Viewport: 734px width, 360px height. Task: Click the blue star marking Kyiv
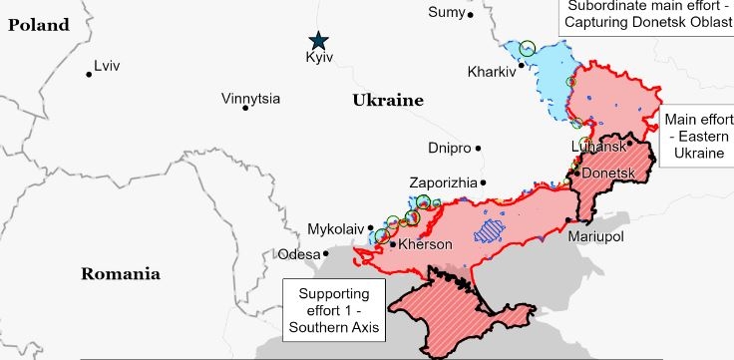coord(318,40)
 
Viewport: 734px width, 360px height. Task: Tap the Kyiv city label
coord(318,60)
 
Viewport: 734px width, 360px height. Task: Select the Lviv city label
coord(107,67)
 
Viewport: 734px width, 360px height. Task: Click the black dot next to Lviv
coord(89,74)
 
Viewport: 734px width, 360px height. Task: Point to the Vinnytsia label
coord(250,99)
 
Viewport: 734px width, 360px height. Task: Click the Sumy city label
coord(445,12)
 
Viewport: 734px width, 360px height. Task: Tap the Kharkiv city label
coord(491,72)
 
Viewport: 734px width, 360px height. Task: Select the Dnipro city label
coord(449,148)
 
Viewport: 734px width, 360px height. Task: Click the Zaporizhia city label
coord(443,183)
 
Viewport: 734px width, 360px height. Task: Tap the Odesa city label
coord(299,254)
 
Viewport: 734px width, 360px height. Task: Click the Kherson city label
coord(426,244)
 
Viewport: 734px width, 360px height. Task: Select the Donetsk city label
coord(608,174)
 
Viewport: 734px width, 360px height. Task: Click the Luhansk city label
coord(597,147)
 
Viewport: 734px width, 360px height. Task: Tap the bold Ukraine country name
coord(387,101)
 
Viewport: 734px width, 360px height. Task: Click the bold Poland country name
coord(40,25)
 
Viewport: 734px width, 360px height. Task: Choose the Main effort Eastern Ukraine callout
coord(698,137)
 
